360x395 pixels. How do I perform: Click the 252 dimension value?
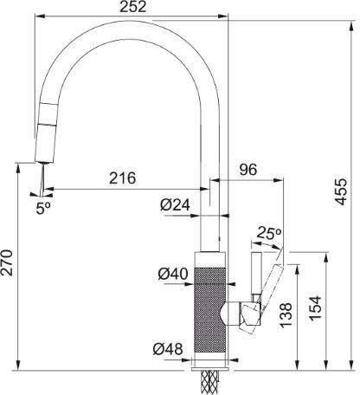tap(133, 7)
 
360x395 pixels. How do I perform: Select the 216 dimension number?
tap(122, 178)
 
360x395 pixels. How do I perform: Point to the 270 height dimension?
tap(7, 262)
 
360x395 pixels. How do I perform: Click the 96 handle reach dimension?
tap(247, 170)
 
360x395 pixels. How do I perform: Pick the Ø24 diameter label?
tap(175, 205)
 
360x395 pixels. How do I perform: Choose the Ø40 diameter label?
tap(173, 274)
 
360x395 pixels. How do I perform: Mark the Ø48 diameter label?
tap(168, 349)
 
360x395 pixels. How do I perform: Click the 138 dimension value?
tap(286, 315)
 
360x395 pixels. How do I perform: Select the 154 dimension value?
tap(315, 308)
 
